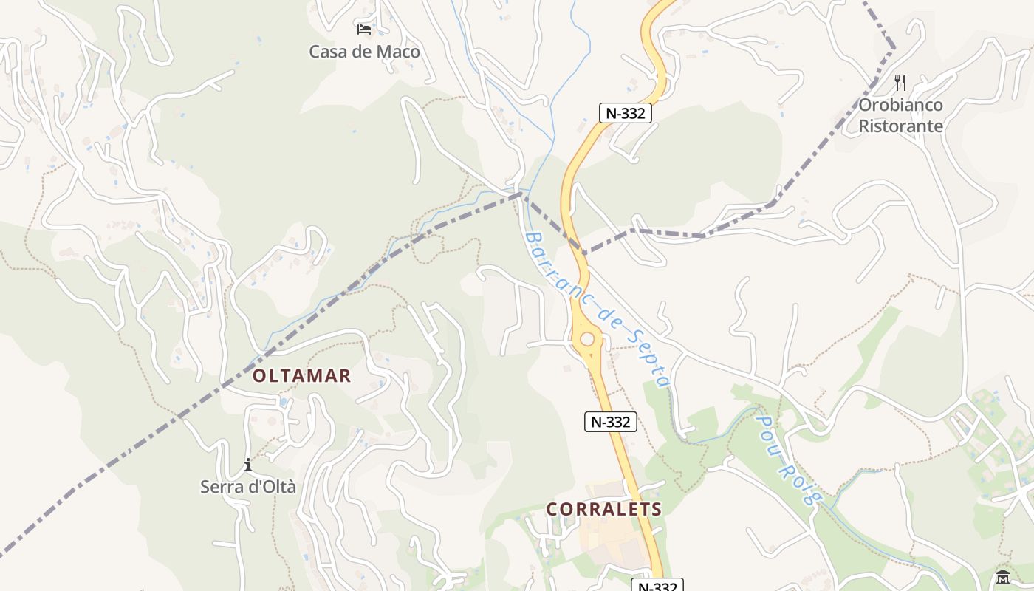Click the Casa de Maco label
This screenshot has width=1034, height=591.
364,52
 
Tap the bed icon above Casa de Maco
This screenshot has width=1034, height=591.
364,30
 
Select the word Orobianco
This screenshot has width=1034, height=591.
900,105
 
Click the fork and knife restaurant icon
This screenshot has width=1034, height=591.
900,82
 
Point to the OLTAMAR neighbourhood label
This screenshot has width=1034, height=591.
302,376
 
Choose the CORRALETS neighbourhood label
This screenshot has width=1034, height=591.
604,509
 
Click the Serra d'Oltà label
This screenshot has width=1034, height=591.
248,487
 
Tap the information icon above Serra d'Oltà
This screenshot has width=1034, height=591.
248,465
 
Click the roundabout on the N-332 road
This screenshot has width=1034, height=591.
587,339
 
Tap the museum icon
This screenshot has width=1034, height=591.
1002,577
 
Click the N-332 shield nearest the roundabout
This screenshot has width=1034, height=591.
611,422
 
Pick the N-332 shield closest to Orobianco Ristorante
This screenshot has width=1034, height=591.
626,113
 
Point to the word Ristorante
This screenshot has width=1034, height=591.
900,126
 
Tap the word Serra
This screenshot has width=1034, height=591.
222,487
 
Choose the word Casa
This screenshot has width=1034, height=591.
328,52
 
